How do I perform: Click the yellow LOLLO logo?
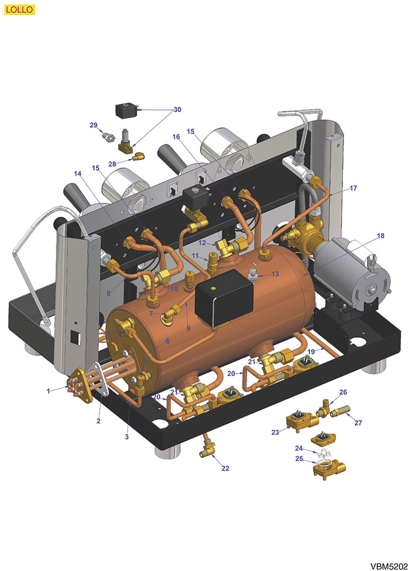click(19, 10)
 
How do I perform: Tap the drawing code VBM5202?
click(389, 566)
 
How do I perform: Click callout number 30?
click(177, 109)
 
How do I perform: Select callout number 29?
click(94, 125)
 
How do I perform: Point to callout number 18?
click(380, 236)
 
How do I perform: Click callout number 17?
click(353, 188)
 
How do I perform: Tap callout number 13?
click(275, 274)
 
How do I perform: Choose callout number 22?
click(226, 468)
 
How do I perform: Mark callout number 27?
click(358, 423)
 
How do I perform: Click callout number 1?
click(48, 391)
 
